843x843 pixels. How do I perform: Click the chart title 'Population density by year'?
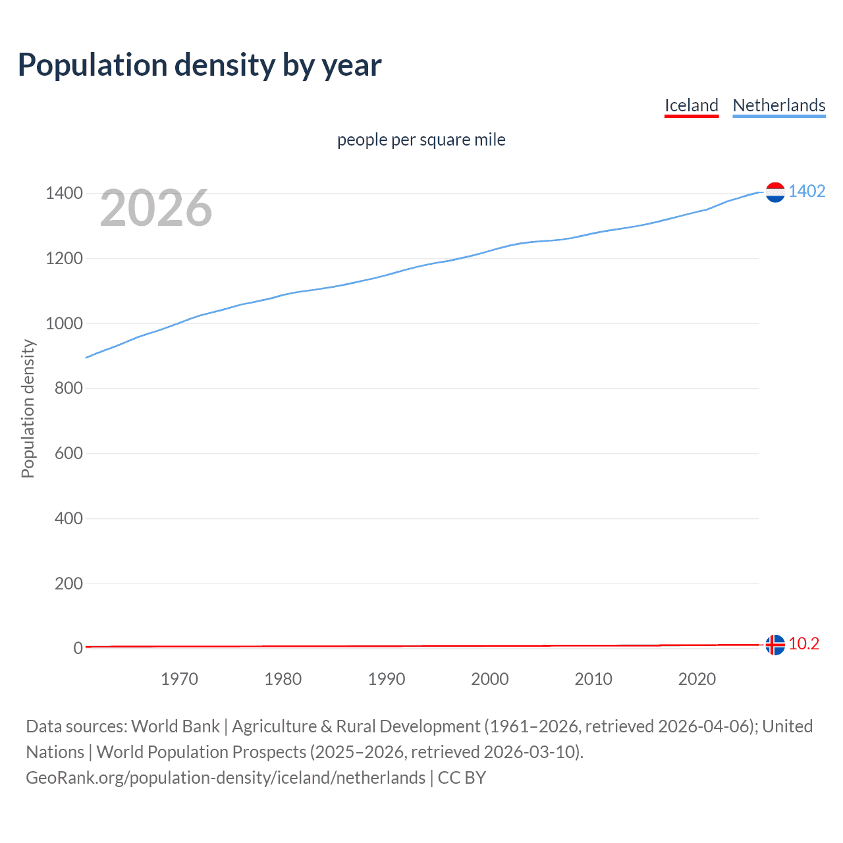[200, 65]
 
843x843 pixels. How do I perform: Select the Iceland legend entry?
[691, 105]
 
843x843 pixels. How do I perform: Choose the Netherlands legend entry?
[778, 105]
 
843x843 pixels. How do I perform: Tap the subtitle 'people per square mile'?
[421, 140]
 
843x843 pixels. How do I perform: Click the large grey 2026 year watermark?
[156, 208]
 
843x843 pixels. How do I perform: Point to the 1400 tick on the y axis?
[64, 193]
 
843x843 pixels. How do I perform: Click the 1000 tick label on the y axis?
[64, 323]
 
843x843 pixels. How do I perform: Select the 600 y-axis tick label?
[68, 453]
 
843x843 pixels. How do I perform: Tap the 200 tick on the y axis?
[68, 584]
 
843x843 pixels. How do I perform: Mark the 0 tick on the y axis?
[78, 648]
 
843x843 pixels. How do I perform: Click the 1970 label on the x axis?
[179, 679]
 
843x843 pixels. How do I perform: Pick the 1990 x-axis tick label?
[387, 679]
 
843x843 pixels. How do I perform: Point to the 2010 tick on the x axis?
[593, 679]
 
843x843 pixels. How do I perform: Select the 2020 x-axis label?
[697, 679]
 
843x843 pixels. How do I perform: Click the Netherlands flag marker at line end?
[775, 192]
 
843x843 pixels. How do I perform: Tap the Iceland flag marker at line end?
[775, 645]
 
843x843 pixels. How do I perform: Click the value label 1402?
[807, 191]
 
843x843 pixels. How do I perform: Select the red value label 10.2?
[803, 643]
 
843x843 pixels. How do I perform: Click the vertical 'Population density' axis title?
[28, 408]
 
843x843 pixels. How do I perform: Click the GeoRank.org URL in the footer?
[225, 778]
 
